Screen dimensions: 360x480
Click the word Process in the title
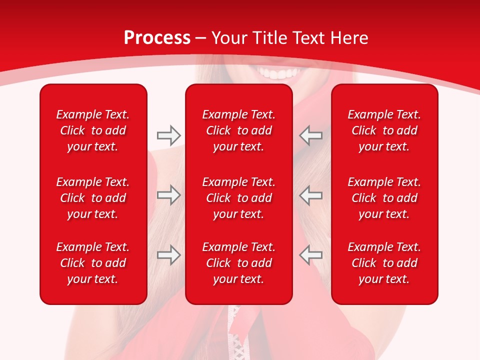(157, 38)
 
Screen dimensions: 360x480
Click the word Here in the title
(349, 38)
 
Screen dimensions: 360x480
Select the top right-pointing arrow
(168, 135)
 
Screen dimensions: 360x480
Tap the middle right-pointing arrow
(168, 195)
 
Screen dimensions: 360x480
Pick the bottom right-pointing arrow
(168, 255)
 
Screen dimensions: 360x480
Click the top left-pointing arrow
(311, 135)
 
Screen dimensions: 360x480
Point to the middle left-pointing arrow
(311, 195)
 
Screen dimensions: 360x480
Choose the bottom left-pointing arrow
(311, 255)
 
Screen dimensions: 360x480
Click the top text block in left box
(93, 130)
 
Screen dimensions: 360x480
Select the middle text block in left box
(93, 198)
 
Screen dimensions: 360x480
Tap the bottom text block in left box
(93, 263)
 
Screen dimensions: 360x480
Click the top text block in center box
(239, 130)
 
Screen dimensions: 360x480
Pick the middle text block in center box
(239, 198)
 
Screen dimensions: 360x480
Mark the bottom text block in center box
(239, 263)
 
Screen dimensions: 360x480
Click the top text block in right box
(384, 130)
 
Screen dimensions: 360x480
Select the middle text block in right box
(384, 198)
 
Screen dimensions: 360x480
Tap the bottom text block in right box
(384, 263)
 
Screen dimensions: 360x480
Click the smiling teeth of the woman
(278, 74)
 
